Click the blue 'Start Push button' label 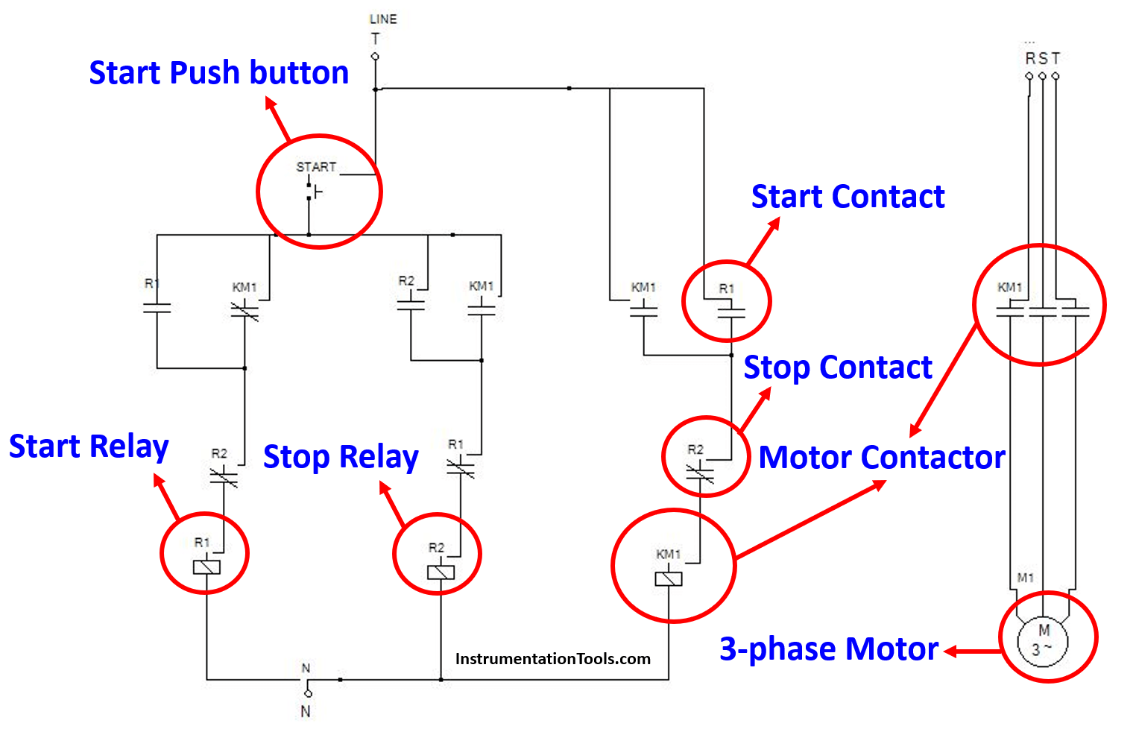click(x=218, y=73)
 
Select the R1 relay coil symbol click(x=206, y=567)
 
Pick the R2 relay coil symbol click(x=441, y=572)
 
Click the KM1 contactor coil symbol click(x=669, y=578)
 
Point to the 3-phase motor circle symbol click(x=1044, y=640)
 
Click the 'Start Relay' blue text click(x=89, y=447)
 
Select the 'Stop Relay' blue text click(x=341, y=457)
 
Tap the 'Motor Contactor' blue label click(x=882, y=457)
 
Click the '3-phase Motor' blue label click(x=828, y=649)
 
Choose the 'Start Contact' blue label click(x=848, y=197)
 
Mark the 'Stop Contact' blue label click(x=838, y=367)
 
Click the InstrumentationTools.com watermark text click(x=552, y=659)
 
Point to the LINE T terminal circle click(x=375, y=57)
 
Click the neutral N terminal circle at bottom click(x=308, y=693)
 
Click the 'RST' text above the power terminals click(x=1042, y=58)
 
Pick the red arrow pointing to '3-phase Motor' click(x=972, y=651)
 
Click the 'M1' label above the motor click(x=1026, y=578)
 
